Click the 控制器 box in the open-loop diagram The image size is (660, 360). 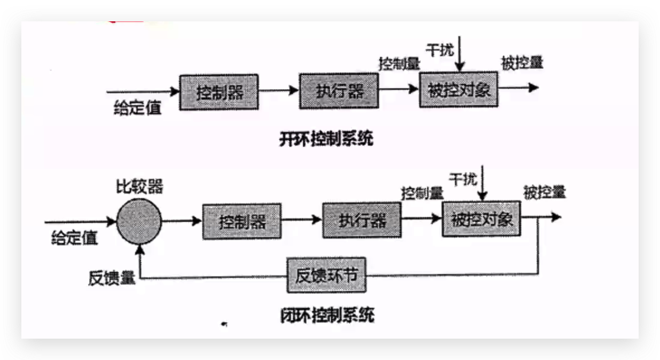(219, 92)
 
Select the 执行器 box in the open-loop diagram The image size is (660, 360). (339, 91)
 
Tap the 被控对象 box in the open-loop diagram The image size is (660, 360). (459, 89)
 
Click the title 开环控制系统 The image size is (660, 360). (326, 139)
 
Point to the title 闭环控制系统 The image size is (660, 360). (327, 315)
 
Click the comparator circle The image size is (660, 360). (139, 220)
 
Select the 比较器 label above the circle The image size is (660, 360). (140, 187)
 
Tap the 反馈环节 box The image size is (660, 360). (326, 276)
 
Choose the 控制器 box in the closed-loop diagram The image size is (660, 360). (242, 221)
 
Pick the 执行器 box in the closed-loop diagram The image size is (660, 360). (362, 220)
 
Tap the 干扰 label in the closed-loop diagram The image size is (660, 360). (462, 179)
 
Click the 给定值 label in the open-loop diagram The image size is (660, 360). (138, 108)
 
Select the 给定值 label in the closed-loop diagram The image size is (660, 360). (75, 238)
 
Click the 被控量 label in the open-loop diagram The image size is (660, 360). (522, 62)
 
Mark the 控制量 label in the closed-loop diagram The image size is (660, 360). (422, 193)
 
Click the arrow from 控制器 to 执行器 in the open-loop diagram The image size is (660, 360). (279, 91)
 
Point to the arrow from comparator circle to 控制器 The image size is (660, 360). (182, 220)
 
